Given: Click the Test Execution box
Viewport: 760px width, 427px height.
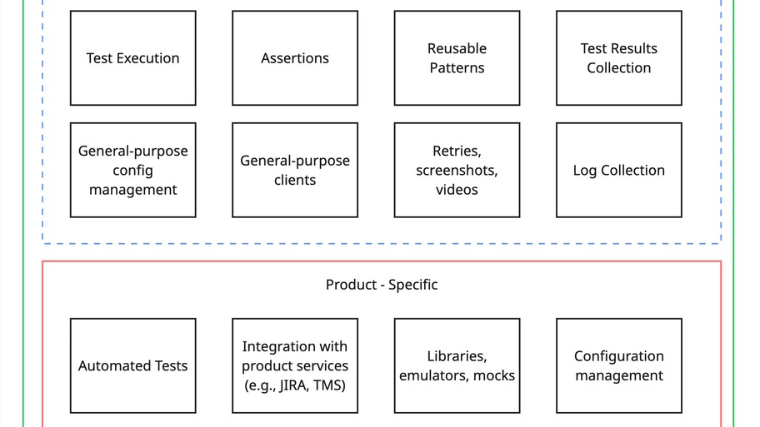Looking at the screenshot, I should pos(132,58).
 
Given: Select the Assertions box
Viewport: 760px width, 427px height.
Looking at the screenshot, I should pos(295,58).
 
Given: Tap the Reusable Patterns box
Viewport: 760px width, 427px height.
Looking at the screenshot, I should pos(457,58).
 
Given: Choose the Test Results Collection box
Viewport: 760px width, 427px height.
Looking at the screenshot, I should pos(618,58).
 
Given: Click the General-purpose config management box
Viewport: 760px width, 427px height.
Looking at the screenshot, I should pos(132,171).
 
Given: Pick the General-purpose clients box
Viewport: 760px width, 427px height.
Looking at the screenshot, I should pos(295,171).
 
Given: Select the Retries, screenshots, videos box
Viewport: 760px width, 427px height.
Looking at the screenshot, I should pos(457,171).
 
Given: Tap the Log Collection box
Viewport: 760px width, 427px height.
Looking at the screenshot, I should pos(618,171).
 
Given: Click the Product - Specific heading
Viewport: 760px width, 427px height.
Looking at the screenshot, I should pos(381,285).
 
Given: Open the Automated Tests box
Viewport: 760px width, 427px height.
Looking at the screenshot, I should pos(132,366).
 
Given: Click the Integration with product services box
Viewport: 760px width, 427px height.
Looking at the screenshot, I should pos(295,366).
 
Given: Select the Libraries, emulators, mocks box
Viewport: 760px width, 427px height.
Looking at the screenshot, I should pos(457,366).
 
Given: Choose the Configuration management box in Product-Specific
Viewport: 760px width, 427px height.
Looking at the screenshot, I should pos(618,366).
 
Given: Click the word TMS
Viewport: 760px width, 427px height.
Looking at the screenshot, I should pos(327,385).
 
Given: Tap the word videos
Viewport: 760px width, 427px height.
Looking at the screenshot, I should pos(457,190).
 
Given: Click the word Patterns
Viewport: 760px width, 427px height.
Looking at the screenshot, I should pos(457,68).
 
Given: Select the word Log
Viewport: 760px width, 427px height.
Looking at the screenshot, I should pos(585,171).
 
